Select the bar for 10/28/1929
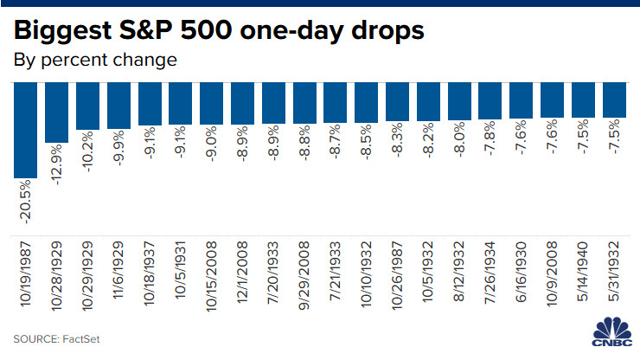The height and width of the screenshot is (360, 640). click(x=56, y=112)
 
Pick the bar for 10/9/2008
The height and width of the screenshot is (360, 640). click(x=553, y=100)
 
